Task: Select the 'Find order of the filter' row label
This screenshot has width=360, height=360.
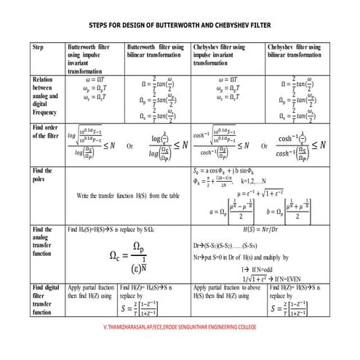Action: pyautogui.click(x=46, y=131)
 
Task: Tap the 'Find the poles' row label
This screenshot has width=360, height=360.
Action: pyautogui.click(x=44, y=175)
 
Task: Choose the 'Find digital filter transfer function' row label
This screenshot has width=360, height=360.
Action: pyautogui.click(x=45, y=300)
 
